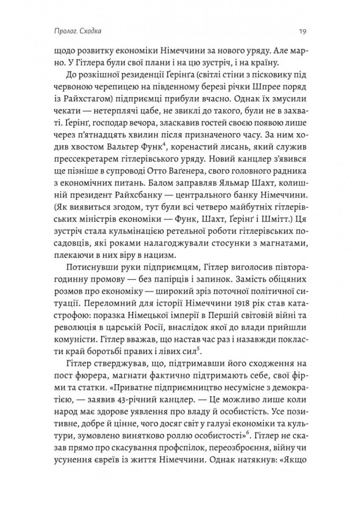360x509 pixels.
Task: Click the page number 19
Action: [x=302, y=32]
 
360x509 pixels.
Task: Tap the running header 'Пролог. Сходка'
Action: [x=76, y=32]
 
